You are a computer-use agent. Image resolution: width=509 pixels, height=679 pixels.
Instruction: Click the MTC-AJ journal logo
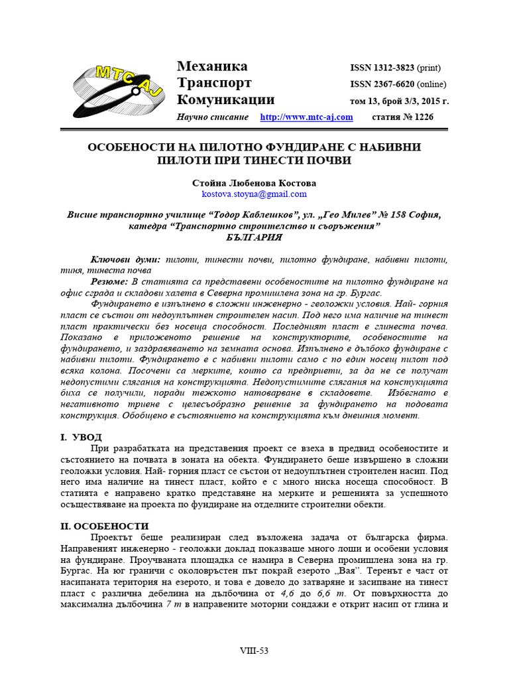pos(118,92)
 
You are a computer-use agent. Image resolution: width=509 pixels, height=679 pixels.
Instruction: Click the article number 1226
pos(419,117)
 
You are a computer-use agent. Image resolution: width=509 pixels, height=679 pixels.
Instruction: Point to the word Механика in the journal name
pos(212,66)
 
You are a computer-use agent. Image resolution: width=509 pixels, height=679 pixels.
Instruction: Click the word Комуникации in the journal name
pos(225,100)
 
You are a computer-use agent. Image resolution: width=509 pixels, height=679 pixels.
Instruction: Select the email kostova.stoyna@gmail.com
pos(254,194)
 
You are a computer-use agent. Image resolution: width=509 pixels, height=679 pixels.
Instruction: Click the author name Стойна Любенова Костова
pos(254,182)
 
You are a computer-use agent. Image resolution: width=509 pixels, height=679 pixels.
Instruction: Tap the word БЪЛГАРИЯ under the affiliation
pos(254,237)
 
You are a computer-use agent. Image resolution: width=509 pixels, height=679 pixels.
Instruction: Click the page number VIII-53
pos(254,651)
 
